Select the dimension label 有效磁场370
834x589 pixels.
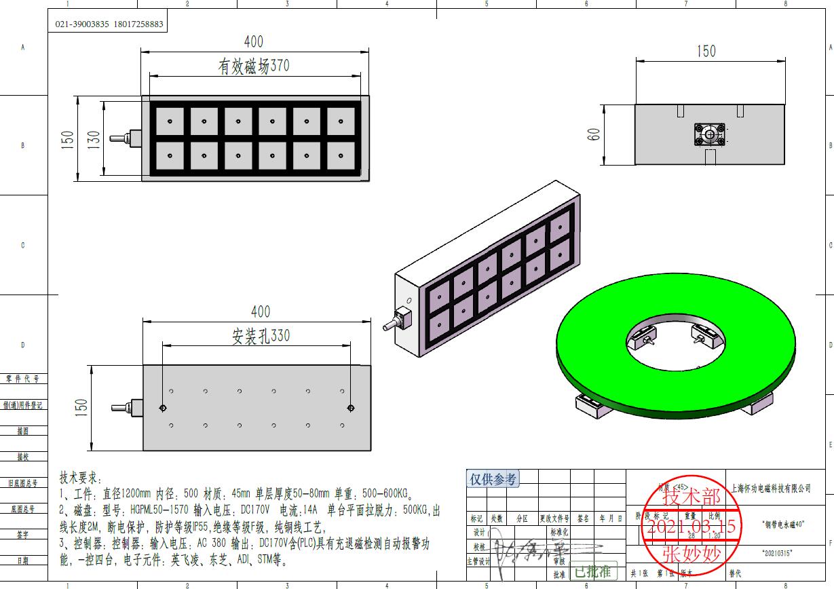253,66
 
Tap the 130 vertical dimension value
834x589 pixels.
94,139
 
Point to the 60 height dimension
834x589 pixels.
594,134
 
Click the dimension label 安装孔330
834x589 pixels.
261,336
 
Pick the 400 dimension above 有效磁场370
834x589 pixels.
253,42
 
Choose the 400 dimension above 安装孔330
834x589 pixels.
261,311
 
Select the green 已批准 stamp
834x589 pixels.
592,571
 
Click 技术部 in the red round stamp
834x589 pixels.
691,497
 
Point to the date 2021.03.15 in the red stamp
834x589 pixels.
691,527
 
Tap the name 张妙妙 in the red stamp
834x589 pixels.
691,554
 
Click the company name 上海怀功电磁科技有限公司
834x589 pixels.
772,489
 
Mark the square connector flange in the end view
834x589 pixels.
710,134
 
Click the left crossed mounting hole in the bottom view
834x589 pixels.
163,408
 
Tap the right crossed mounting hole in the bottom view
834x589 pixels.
350,408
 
